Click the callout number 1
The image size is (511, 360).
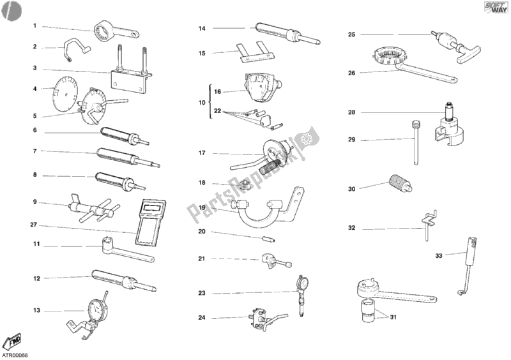click(34, 26)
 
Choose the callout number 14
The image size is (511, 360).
click(201, 28)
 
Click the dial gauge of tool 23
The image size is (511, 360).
click(301, 281)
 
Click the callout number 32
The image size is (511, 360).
click(351, 227)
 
